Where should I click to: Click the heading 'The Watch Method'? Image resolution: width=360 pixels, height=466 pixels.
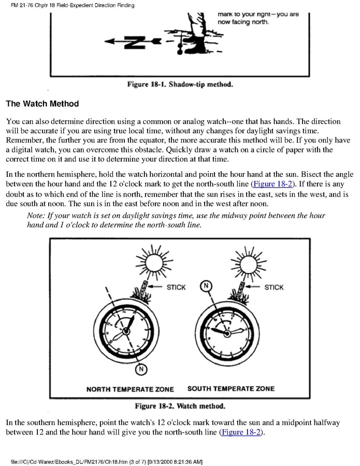tap(42, 104)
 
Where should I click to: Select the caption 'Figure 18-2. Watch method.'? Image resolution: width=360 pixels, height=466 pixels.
tap(180, 406)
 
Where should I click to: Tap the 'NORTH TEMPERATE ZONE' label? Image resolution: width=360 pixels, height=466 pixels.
tap(130, 389)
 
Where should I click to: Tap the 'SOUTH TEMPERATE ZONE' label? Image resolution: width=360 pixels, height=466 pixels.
tap(231, 389)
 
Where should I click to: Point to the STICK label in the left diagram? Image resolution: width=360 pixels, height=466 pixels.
tap(176, 288)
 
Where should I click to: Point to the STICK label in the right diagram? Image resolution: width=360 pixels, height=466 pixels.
tap(274, 288)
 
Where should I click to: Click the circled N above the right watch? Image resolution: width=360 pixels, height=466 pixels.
tap(206, 287)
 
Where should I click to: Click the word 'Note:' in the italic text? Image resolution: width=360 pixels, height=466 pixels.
tap(37, 216)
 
